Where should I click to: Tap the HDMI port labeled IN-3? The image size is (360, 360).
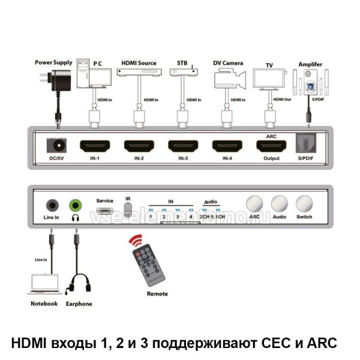(184, 146)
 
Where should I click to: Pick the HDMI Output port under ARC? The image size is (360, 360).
(272, 146)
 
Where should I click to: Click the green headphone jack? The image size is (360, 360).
(76, 204)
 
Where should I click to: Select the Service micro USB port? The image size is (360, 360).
(105, 211)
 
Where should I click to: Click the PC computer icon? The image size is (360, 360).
(96, 74)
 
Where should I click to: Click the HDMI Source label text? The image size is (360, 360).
(139, 63)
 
